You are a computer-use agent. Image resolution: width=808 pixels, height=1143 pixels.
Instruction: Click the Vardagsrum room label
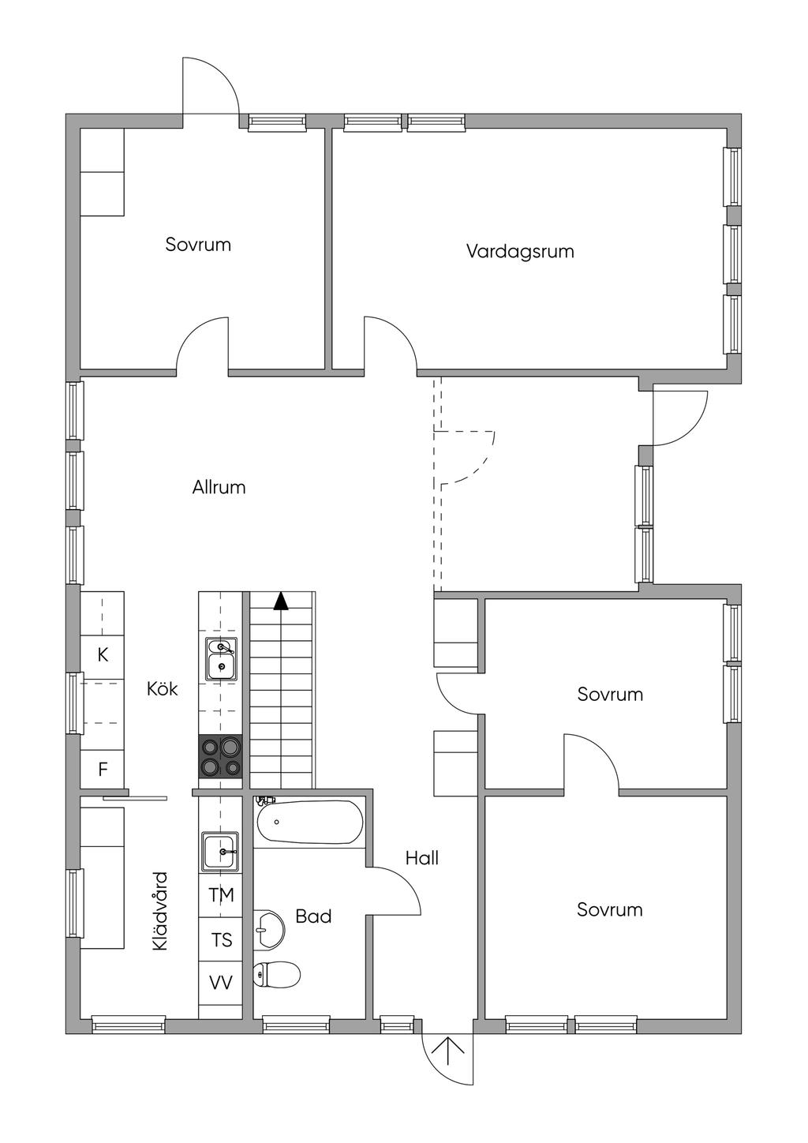coord(519,252)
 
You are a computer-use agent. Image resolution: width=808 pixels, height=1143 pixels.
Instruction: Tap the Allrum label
coord(219,487)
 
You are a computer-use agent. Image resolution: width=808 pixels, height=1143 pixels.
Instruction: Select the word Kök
coord(163,688)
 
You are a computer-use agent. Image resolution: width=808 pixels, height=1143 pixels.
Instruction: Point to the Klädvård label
coord(160,910)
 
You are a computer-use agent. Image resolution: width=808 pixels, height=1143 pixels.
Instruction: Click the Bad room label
coord(313,916)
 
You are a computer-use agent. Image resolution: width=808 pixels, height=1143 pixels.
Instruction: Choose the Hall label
coord(422,858)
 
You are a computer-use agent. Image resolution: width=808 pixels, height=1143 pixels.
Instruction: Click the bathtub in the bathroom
coord(309,823)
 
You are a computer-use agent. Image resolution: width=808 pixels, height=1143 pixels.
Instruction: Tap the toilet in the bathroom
coord(277,974)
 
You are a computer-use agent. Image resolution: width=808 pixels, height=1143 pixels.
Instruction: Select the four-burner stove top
coord(220,756)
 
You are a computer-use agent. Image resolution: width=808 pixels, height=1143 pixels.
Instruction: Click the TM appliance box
coord(221,895)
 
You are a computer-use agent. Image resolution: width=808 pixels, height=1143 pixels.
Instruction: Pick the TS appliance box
coord(221,939)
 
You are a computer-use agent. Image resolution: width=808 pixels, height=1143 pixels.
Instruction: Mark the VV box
coord(221,983)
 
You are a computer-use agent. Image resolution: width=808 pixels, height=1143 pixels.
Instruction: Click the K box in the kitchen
coord(103,654)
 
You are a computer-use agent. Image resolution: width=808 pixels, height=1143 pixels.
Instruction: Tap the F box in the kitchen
coord(103,769)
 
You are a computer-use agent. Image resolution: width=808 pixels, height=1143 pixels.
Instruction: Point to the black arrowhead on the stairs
coord(281,601)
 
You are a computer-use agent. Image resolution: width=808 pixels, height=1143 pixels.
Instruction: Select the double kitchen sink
coord(221,659)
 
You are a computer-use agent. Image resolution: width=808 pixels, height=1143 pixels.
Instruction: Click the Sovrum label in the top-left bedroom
coord(198,245)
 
